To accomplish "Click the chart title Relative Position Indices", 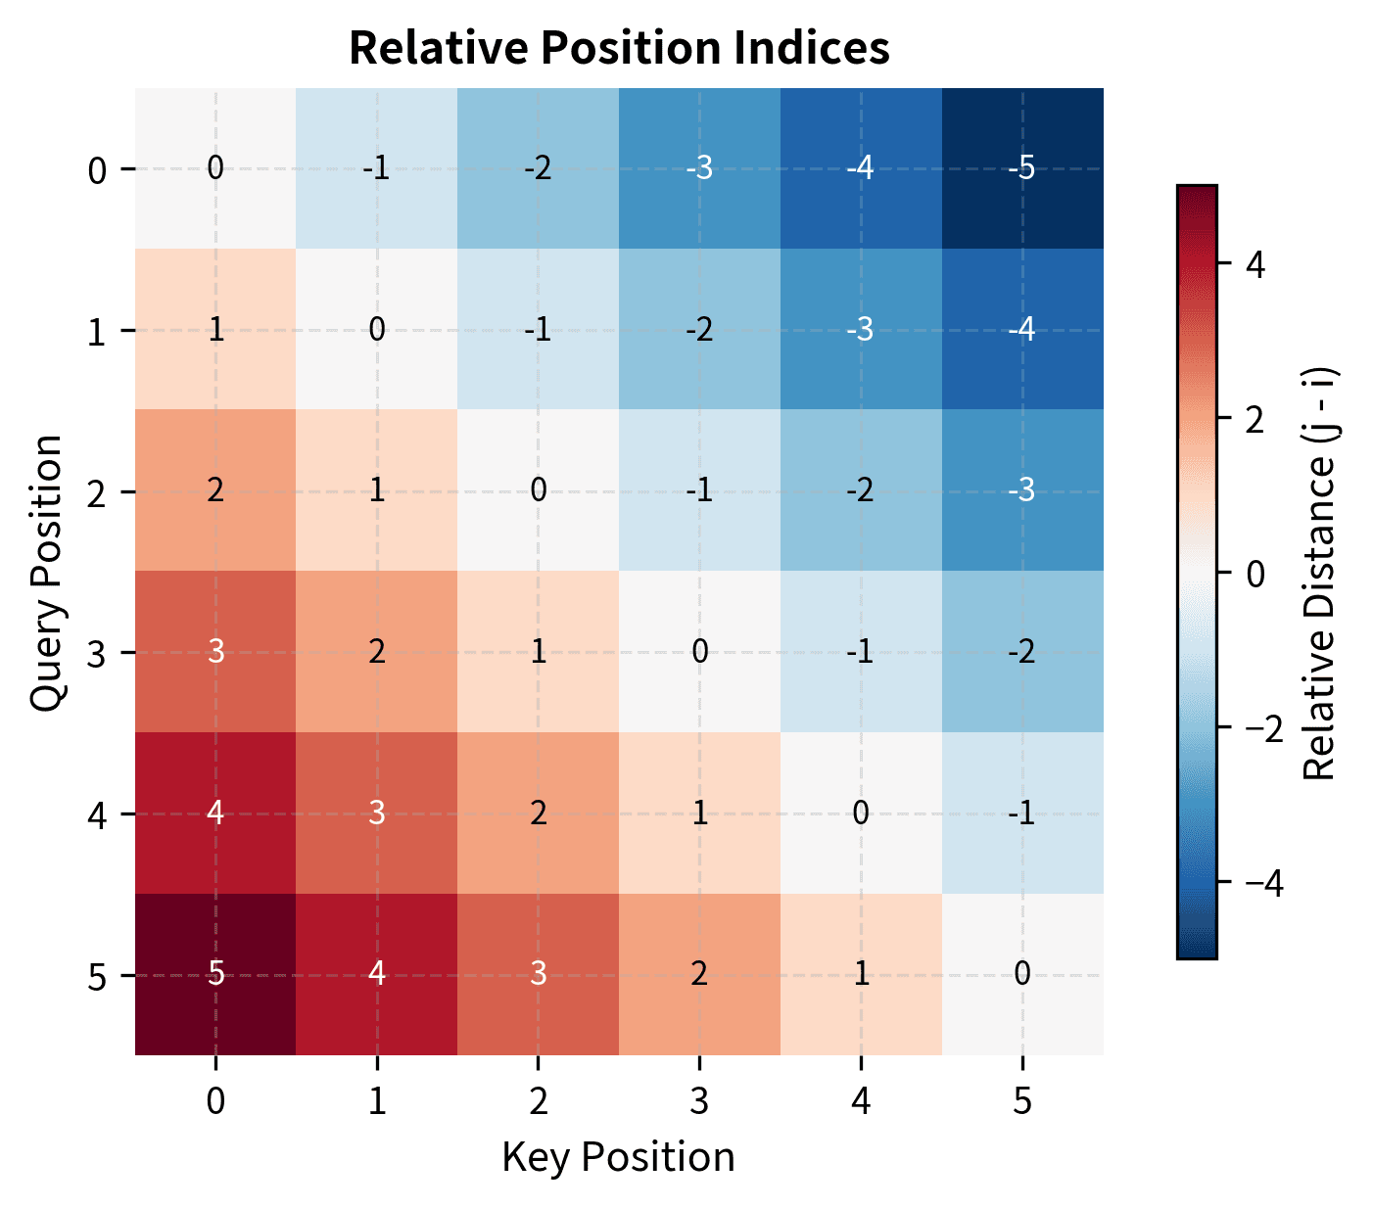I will pyautogui.click(x=619, y=48).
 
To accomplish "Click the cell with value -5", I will pyautogui.click(x=1022, y=168).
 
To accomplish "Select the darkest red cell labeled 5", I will pyautogui.click(x=215, y=974).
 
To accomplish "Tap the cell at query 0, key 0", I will pyautogui.click(x=215, y=168).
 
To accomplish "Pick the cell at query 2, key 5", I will pyautogui.click(x=1022, y=490).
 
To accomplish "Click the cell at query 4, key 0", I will pyautogui.click(x=215, y=813).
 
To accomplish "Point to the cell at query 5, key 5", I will pyautogui.click(x=1022, y=974).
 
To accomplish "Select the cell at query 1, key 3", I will pyautogui.click(x=699, y=330).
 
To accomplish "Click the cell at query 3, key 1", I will pyautogui.click(x=377, y=652).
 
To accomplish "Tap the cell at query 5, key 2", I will pyautogui.click(x=538, y=974).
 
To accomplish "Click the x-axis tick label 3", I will pyautogui.click(x=699, y=1102).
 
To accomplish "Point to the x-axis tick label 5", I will pyautogui.click(x=1022, y=1102).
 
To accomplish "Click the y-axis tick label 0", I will pyautogui.click(x=97, y=170).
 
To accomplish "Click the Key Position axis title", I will pyautogui.click(x=619, y=1157).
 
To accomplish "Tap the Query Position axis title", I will pyautogui.click(x=46, y=572).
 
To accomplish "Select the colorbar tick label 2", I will pyautogui.click(x=1253, y=418).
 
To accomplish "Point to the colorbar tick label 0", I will pyautogui.click(x=1253, y=573).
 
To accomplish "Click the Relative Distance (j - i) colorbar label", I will pyautogui.click(x=1320, y=572).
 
